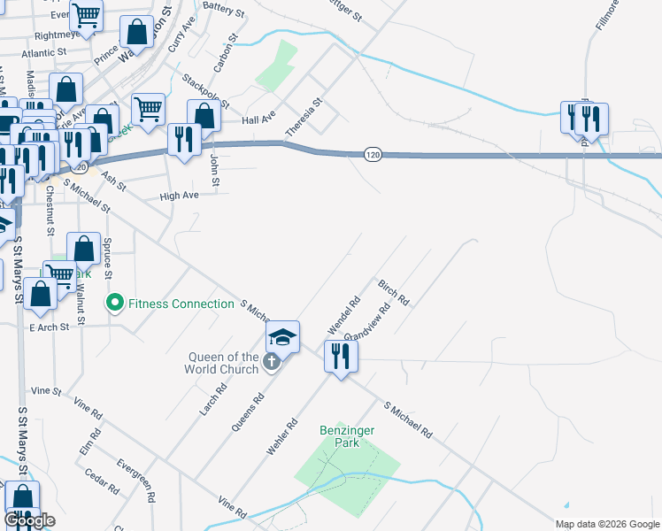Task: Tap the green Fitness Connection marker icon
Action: tap(114, 304)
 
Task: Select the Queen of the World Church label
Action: tap(222, 363)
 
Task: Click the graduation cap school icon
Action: tap(282, 337)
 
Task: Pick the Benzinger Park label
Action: tap(340, 436)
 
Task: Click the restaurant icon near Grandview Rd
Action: tap(341, 357)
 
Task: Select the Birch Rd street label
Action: tap(393, 292)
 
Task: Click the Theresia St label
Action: tap(303, 118)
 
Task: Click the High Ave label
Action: tap(179, 196)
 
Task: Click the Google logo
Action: tap(30, 520)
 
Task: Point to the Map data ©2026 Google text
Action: tap(607, 524)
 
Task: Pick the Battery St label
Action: tap(223, 11)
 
